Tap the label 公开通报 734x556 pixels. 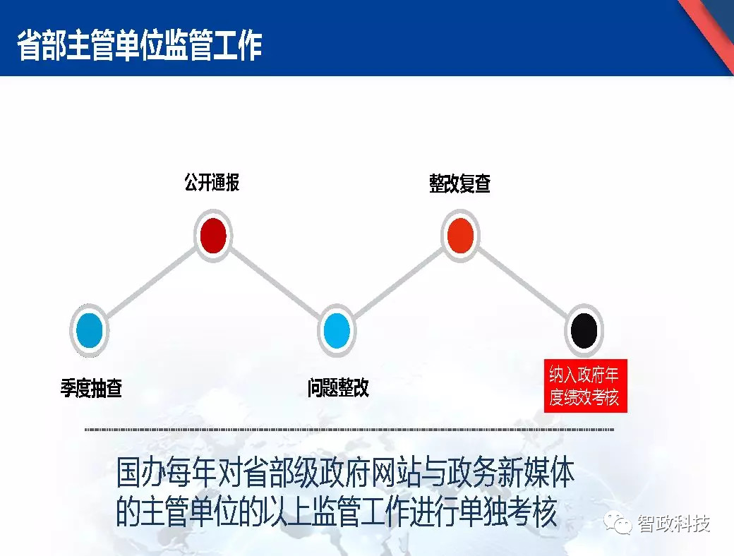pyautogui.click(x=212, y=183)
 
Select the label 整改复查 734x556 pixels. pyautogui.click(x=459, y=184)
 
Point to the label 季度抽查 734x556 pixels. pyautogui.click(x=91, y=388)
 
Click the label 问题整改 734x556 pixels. pyautogui.click(x=338, y=388)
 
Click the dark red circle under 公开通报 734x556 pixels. pyautogui.click(x=212, y=236)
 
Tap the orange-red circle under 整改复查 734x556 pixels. pyautogui.click(x=460, y=236)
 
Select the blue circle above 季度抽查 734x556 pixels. pyautogui.click(x=90, y=330)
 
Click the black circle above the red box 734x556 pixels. pyautogui.click(x=584, y=330)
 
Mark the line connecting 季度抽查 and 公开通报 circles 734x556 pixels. pyautogui.click(x=151, y=283)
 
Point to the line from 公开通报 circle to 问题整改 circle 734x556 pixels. pyautogui.click(x=275, y=283)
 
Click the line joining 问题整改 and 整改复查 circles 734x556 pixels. pyautogui.click(x=399, y=283)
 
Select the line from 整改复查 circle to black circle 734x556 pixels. pyautogui.click(x=522, y=283)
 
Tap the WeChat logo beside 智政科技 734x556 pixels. pyautogui.click(x=621, y=523)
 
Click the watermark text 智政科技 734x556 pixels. pyautogui.click(x=673, y=523)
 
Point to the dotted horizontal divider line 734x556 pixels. pyautogui.click(x=349, y=429)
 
